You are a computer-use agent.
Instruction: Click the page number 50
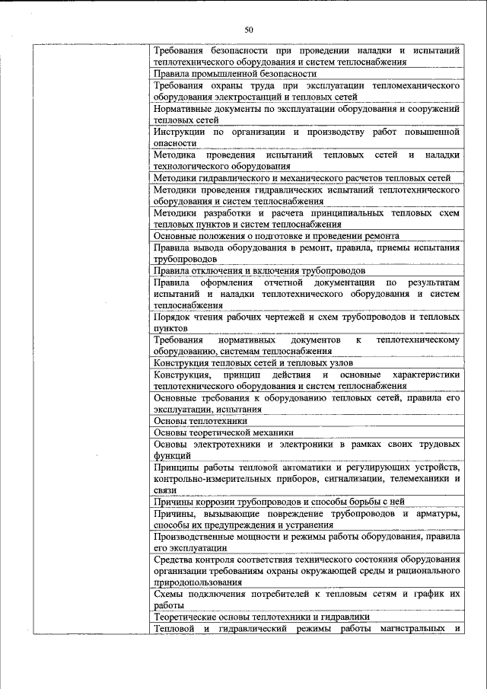[x=248, y=30]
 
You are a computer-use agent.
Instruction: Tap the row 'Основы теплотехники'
[x=200, y=419]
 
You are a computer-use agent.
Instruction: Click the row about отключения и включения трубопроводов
[x=259, y=270]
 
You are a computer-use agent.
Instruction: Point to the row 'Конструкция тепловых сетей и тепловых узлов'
[x=254, y=363]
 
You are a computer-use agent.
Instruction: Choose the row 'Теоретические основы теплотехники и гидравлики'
[x=262, y=617]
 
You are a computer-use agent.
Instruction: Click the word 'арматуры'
[x=438, y=514]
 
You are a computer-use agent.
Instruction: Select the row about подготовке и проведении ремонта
[x=276, y=236]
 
